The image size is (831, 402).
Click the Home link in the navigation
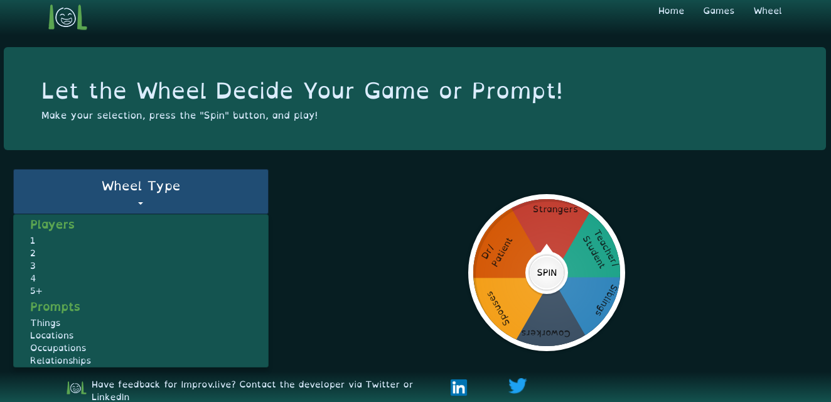point(671,11)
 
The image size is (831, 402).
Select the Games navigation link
point(719,11)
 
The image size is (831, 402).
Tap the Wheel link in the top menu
point(767,11)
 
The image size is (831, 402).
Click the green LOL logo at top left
point(68,17)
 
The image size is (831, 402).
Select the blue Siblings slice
point(596,301)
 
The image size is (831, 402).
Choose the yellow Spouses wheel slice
point(502,305)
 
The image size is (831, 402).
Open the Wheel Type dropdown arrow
point(141,204)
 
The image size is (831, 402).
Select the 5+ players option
point(36,291)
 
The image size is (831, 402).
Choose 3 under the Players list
point(33,266)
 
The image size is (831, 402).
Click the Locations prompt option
point(52,335)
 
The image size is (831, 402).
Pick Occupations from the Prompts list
point(58,348)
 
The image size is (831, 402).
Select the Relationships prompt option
point(61,361)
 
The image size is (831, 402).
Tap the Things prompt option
point(46,323)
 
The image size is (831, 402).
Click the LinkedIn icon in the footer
point(459,388)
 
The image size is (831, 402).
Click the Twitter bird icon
point(517,386)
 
